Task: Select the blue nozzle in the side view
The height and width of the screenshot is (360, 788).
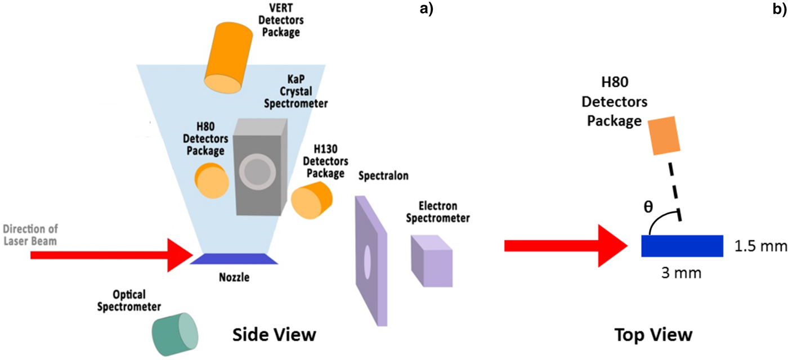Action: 234,258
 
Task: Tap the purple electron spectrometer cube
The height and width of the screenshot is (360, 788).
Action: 432,258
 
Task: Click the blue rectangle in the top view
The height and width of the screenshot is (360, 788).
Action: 682,246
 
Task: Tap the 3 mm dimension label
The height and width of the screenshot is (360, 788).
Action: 682,273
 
